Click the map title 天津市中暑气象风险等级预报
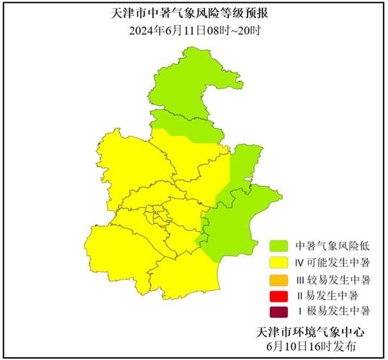point(194,14)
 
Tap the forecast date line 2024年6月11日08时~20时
point(194,30)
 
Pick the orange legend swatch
point(279,279)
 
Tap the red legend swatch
point(279,295)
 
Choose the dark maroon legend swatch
point(279,312)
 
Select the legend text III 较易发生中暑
point(333,279)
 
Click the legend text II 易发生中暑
point(328,295)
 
